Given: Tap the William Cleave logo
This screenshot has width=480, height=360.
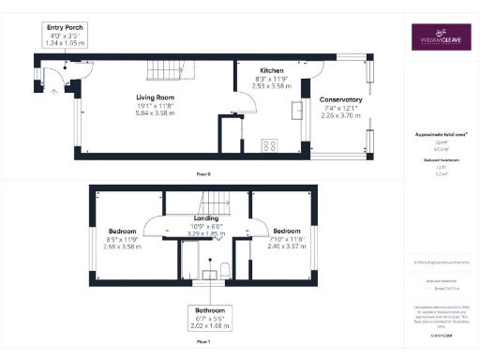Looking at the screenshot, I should tap(438, 37).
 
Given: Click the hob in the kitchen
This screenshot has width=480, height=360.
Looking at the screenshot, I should tap(269, 145).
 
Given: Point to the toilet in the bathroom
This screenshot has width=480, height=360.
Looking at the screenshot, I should tap(224, 271).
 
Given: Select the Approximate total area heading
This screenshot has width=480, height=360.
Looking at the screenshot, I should tap(436, 135).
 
